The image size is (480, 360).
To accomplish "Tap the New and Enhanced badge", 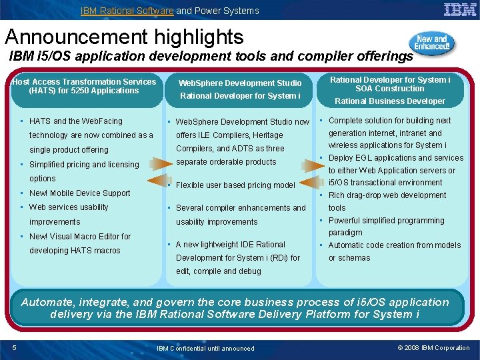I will point(433,45).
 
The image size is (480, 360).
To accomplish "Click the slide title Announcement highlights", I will point(124,36).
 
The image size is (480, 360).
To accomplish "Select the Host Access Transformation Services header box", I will point(84,87).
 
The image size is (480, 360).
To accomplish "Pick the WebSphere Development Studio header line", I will point(239,83).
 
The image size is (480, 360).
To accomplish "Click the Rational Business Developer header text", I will point(390,101).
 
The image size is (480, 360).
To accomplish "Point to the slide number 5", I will point(15,347).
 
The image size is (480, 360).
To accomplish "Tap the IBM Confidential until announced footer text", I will point(205,348).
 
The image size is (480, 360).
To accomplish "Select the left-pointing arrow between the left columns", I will point(160,181).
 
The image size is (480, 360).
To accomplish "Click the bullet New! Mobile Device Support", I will point(79,193).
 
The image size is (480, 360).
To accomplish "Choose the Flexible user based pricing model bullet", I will point(235,185).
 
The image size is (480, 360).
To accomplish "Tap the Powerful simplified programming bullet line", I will point(386,221).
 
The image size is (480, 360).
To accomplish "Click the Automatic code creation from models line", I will point(394,245).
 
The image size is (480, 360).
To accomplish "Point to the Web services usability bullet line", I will point(69,207).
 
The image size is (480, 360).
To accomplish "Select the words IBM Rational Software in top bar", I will point(127,11).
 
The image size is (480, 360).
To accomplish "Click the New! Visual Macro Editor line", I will point(80,237).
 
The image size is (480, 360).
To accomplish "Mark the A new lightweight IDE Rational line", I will point(230,245).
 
